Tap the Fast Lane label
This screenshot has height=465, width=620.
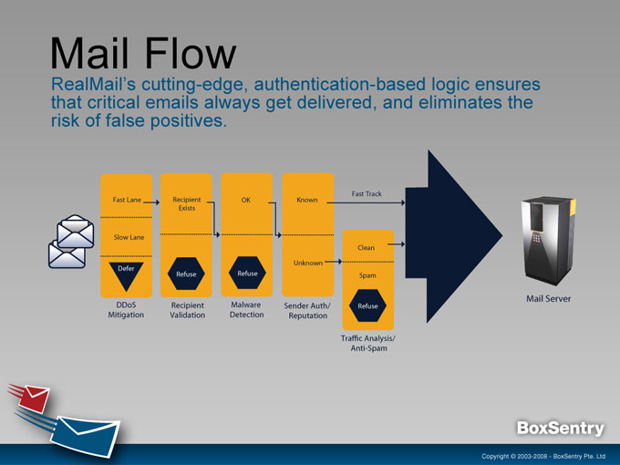click(126, 199)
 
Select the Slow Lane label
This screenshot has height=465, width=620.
click(129, 237)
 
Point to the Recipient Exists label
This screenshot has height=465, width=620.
click(186, 203)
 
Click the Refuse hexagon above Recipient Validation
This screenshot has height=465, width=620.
click(186, 274)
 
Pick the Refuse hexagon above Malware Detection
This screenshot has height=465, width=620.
click(247, 274)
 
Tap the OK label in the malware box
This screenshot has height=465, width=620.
click(246, 199)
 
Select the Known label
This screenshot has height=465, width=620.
click(307, 199)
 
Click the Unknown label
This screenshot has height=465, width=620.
click(307, 263)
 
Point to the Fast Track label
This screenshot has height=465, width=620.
click(367, 194)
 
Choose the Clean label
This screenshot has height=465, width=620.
click(367, 248)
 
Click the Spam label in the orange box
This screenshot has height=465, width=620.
click(367, 274)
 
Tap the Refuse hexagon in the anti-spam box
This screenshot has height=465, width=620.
click(367, 306)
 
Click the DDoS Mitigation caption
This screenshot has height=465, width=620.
click(127, 310)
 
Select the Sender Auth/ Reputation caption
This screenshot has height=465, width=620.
click(307, 310)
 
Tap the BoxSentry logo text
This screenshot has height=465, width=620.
click(561, 429)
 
